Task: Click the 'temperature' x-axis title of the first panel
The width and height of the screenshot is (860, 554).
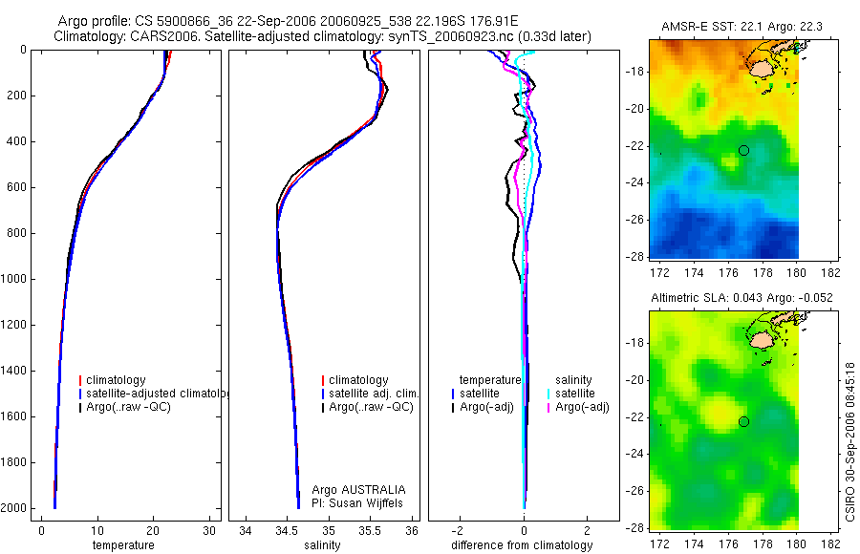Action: click(x=122, y=545)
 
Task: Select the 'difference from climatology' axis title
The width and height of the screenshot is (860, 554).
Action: click(x=524, y=545)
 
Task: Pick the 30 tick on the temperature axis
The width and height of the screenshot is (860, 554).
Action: click(x=210, y=531)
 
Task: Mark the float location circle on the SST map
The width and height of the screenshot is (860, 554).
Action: click(x=743, y=150)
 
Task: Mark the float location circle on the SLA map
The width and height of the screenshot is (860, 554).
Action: click(x=743, y=421)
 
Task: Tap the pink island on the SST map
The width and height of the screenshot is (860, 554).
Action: click(x=762, y=68)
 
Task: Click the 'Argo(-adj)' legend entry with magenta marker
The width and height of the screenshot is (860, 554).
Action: click(x=583, y=407)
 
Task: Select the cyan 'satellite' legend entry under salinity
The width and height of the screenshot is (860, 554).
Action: click(x=576, y=394)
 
